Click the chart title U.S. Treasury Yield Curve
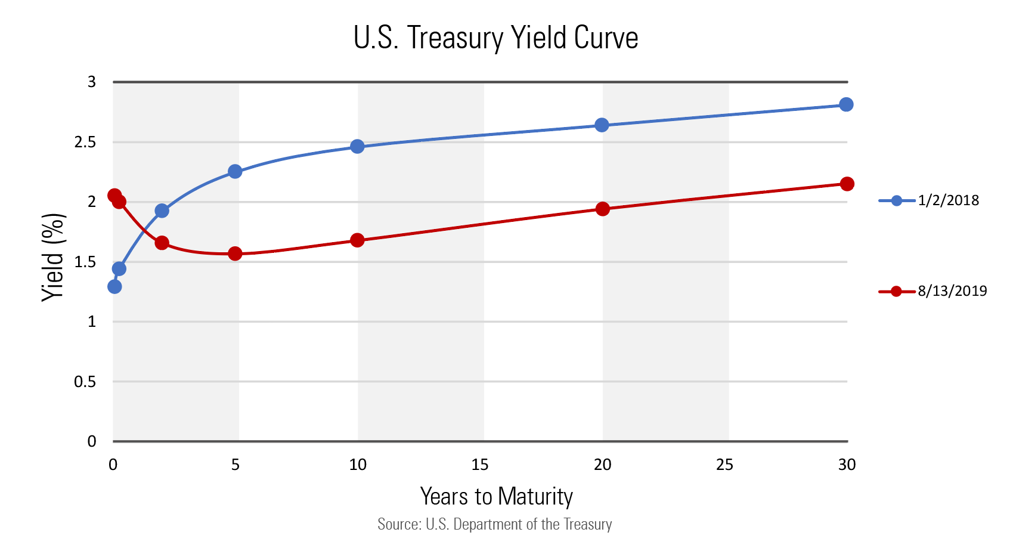(495, 38)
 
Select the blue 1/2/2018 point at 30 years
(845, 105)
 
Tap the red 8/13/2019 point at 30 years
(847, 184)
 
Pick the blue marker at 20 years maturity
(602, 125)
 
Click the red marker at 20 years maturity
(602, 209)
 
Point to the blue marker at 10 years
(357, 147)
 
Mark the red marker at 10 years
(357, 240)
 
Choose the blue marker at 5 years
(235, 172)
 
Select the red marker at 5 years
(235, 253)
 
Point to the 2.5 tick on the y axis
(85, 142)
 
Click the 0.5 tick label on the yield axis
(85, 382)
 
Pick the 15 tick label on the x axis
(480, 465)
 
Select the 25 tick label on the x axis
(724, 465)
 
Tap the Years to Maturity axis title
(496, 496)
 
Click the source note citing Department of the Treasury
(495, 524)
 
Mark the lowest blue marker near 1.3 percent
(114, 287)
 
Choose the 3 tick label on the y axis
(92, 82)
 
